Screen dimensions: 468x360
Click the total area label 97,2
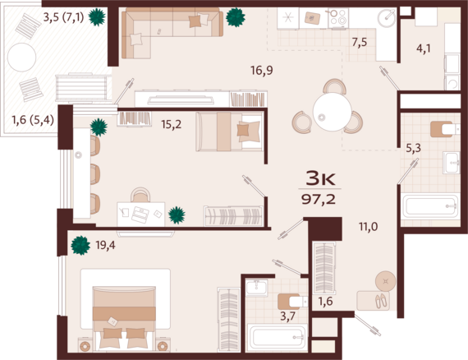pos(319,199)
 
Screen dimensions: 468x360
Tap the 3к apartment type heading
pos(320,178)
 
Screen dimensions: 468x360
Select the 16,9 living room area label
pos(261,71)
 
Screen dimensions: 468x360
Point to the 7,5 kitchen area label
pos(360,43)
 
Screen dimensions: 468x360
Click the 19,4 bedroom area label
pos(105,245)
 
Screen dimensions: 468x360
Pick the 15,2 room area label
pos(172,124)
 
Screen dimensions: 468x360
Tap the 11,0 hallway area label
pos(369,227)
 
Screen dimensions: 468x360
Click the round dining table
pos(333,112)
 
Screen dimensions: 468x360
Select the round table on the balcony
pos(22,58)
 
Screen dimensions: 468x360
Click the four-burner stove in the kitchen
pos(338,17)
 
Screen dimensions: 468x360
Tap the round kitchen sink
pos(386,18)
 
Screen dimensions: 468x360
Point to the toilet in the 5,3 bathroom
pos(445,129)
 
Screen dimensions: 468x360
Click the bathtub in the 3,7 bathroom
pos(278,338)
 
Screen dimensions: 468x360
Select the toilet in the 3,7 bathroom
pos(293,302)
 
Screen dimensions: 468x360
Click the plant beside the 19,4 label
pos(80,245)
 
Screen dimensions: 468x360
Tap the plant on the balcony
pos(97,16)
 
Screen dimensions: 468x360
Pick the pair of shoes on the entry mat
pos(382,301)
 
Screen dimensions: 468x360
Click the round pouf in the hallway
pos(386,281)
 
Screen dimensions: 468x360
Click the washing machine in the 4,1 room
pos(452,83)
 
